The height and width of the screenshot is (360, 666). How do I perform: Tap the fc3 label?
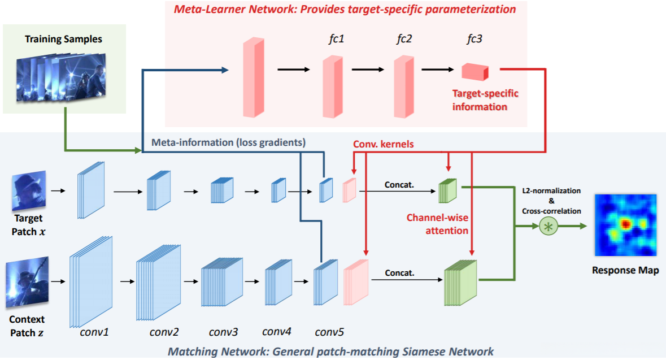[x=474, y=40]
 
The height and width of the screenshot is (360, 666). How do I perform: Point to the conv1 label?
[x=94, y=332]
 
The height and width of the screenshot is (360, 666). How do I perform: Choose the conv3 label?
[x=223, y=332]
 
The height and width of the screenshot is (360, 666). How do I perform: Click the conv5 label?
[x=329, y=332]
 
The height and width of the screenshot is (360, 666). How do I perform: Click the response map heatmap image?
[x=625, y=225]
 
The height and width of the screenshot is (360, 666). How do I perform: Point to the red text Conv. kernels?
[x=383, y=144]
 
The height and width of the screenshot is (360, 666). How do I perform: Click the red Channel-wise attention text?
[x=438, y=223]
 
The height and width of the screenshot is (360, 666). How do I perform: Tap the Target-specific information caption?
[x=485, y=99]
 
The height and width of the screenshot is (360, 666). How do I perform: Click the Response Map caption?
[x=625, y=270]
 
